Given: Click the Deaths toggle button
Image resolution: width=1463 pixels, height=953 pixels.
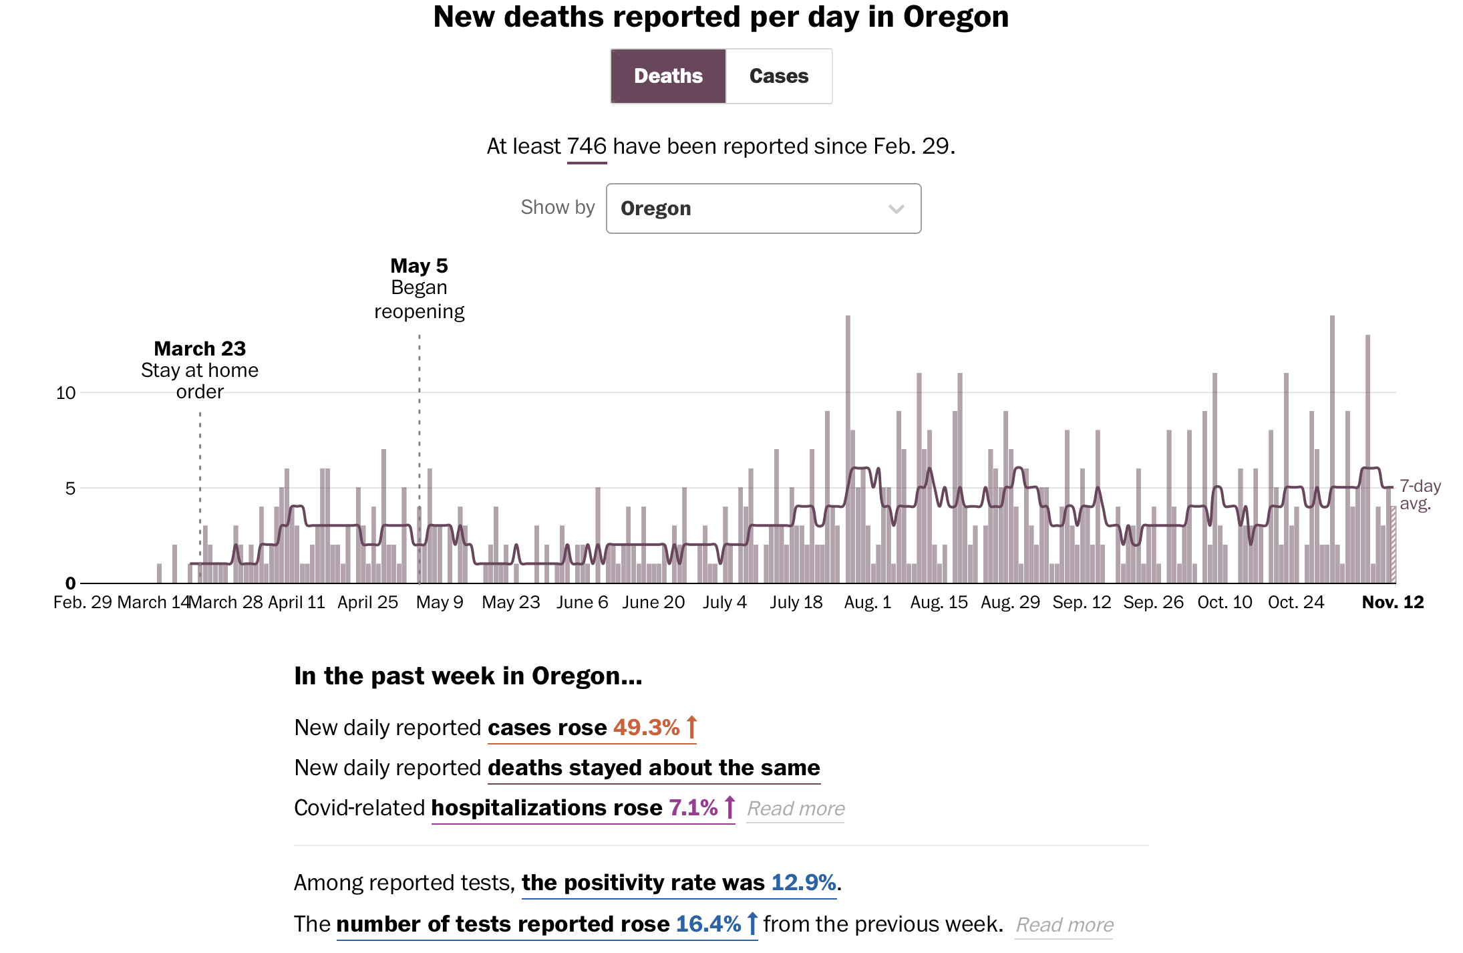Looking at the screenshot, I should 668,76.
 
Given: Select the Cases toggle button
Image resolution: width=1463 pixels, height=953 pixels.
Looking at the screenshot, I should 779,76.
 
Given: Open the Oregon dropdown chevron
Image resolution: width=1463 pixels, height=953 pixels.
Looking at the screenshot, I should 896,209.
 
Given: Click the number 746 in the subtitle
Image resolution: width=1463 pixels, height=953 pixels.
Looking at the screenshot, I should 587,146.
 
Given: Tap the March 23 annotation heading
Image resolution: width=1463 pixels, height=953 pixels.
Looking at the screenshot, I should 200,349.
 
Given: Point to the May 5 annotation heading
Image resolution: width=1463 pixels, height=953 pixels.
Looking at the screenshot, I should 419,266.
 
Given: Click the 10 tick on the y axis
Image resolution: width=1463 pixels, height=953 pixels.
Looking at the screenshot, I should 65,393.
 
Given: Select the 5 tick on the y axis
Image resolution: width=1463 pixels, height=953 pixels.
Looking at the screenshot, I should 70,489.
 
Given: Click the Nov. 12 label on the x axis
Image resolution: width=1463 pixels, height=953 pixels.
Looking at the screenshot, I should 1393,603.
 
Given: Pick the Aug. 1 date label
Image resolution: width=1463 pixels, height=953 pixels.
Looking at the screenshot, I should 868,603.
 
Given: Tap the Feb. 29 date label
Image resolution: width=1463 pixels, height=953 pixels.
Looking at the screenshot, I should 83,603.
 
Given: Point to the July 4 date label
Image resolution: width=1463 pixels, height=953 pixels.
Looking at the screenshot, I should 725,603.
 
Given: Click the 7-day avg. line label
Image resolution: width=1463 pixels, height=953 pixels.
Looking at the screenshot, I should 1420,495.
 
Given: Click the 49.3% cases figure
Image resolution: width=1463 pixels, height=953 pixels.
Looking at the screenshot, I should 646,728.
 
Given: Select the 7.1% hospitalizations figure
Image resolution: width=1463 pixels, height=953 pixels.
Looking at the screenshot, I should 693,808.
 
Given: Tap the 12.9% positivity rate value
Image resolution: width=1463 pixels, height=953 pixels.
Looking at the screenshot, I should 804,883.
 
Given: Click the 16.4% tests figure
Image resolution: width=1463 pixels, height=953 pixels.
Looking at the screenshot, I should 708,924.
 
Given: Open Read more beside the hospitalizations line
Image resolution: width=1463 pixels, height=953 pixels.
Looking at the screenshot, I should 796,809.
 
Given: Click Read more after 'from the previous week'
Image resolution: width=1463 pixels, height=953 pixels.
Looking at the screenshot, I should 1064,926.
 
